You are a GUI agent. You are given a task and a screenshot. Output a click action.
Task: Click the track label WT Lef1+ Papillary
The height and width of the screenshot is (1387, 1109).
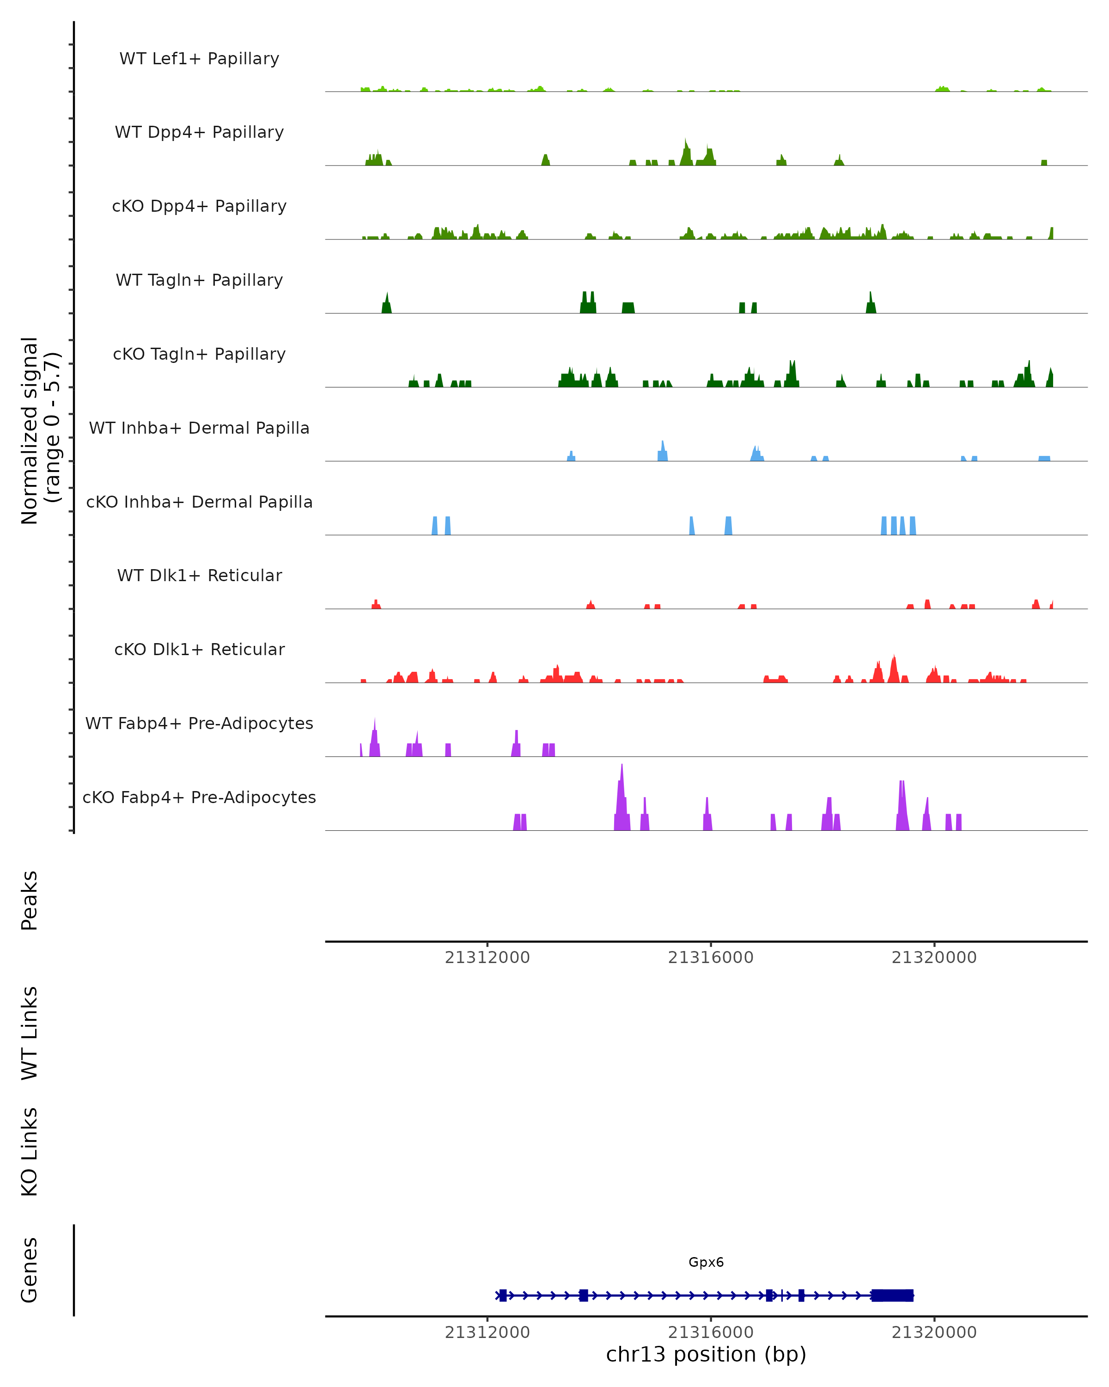(199, 59)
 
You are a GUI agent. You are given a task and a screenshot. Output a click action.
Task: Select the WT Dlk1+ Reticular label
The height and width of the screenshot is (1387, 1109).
(199, 575)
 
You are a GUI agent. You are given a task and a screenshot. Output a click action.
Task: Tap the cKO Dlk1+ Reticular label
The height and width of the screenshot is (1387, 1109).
(199, 649)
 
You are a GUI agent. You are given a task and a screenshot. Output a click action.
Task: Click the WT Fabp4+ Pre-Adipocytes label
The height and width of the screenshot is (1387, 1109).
(199, 723)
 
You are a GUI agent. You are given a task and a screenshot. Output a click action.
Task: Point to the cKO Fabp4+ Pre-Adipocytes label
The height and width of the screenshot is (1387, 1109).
(199, 797)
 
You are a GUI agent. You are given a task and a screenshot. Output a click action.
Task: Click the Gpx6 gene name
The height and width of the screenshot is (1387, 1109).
(706, 1262)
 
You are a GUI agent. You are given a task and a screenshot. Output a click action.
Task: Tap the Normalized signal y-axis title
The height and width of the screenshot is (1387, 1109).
(40, 430)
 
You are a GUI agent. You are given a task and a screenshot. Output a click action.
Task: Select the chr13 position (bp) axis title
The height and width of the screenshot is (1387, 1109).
(706, 1354)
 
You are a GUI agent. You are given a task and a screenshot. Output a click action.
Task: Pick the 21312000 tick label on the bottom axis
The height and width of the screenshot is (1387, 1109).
(487, 1332)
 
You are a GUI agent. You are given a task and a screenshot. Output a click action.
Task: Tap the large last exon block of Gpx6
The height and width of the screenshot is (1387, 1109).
(892, 1295)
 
